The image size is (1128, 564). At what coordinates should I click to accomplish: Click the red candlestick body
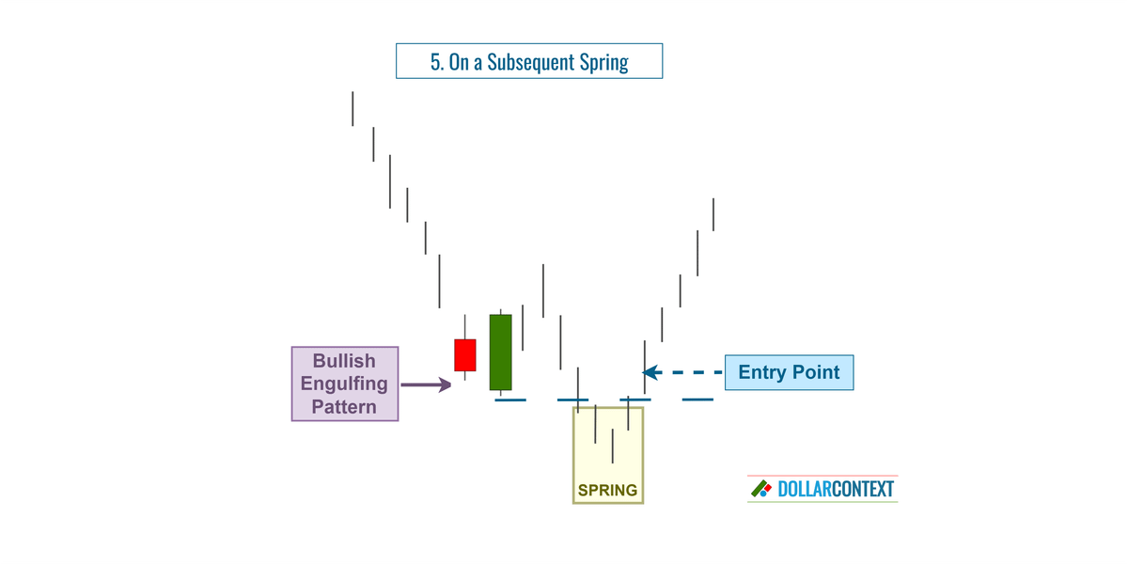click(x=465, y=355)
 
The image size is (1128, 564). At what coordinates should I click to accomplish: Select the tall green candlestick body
click(x=500, y=352)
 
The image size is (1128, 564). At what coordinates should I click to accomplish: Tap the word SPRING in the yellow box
click(x=607, y=490)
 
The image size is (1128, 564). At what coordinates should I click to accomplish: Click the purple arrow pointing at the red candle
click(x=427, y=384)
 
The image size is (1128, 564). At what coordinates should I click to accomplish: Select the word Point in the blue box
click(x=816, y=372)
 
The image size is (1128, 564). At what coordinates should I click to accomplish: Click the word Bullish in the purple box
click(x=344, y=361)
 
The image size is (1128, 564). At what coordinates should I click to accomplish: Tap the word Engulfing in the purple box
click(x=344, y=384)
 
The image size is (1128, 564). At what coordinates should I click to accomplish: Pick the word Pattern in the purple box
click(x=344, y=407)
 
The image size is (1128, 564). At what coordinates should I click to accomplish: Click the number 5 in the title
click(x=436, y=63)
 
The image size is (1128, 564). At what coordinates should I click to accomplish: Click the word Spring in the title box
click(x=603, y=63)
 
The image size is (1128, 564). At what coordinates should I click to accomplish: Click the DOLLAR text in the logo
click(x=805, y=489)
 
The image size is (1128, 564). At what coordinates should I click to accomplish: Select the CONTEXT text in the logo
click(x=863, y=489)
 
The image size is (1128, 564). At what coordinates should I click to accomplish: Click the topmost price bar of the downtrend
click(x=352, y=108)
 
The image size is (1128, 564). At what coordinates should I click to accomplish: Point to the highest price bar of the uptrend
click(x=713, y=214)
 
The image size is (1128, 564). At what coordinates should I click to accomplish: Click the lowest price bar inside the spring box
click(x=612, y=446)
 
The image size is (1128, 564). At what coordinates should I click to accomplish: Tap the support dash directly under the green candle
click(x=510, y=400)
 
